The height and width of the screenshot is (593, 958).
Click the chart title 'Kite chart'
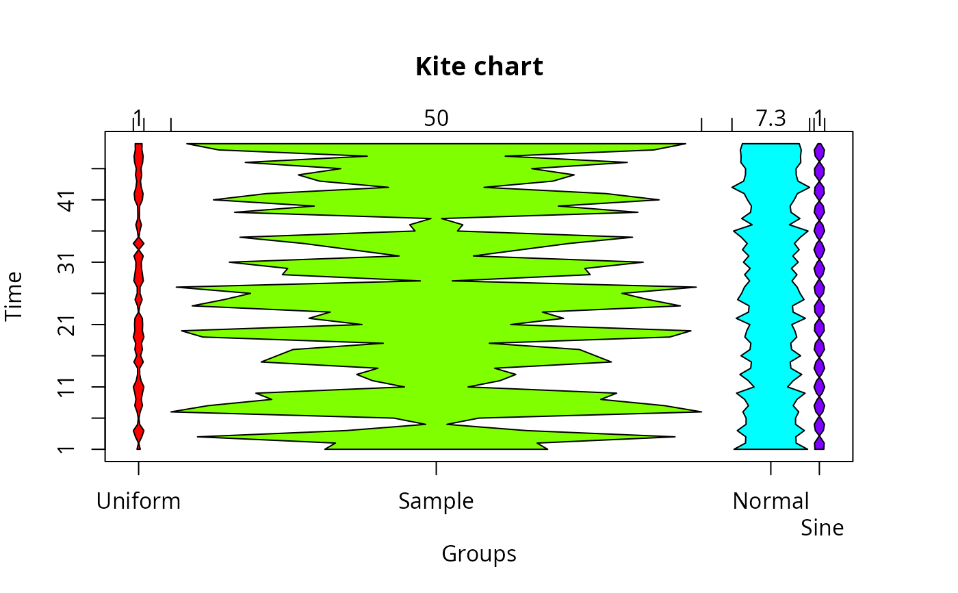(x=479, y=66)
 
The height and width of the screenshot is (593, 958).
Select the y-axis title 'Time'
(x=14, y=296)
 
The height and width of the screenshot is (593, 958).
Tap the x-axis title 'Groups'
(x=479, y=555)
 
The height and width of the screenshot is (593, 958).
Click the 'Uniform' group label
(x=138, y=501)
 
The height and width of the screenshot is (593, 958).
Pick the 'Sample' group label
(x=437, y=501)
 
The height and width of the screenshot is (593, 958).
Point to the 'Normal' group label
(x=771, y=501)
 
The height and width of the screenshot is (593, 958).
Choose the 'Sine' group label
(x=822, y=527)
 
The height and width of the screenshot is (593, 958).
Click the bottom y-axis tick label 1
(x=68, y=449)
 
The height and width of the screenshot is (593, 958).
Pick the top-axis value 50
(x=437, y=118)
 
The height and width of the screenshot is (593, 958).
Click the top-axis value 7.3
(x=771, y=118)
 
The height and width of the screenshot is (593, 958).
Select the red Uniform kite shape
(x=138, y=296)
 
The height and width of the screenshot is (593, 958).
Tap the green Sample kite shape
(x=437, y=296)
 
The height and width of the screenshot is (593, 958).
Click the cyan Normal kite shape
(x=771, y=296)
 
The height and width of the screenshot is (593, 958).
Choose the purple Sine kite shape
(x=819, y=296)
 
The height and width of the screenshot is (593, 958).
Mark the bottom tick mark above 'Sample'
(x=437, y=468)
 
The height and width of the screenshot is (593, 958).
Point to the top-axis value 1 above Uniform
(x=138, y=117)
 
